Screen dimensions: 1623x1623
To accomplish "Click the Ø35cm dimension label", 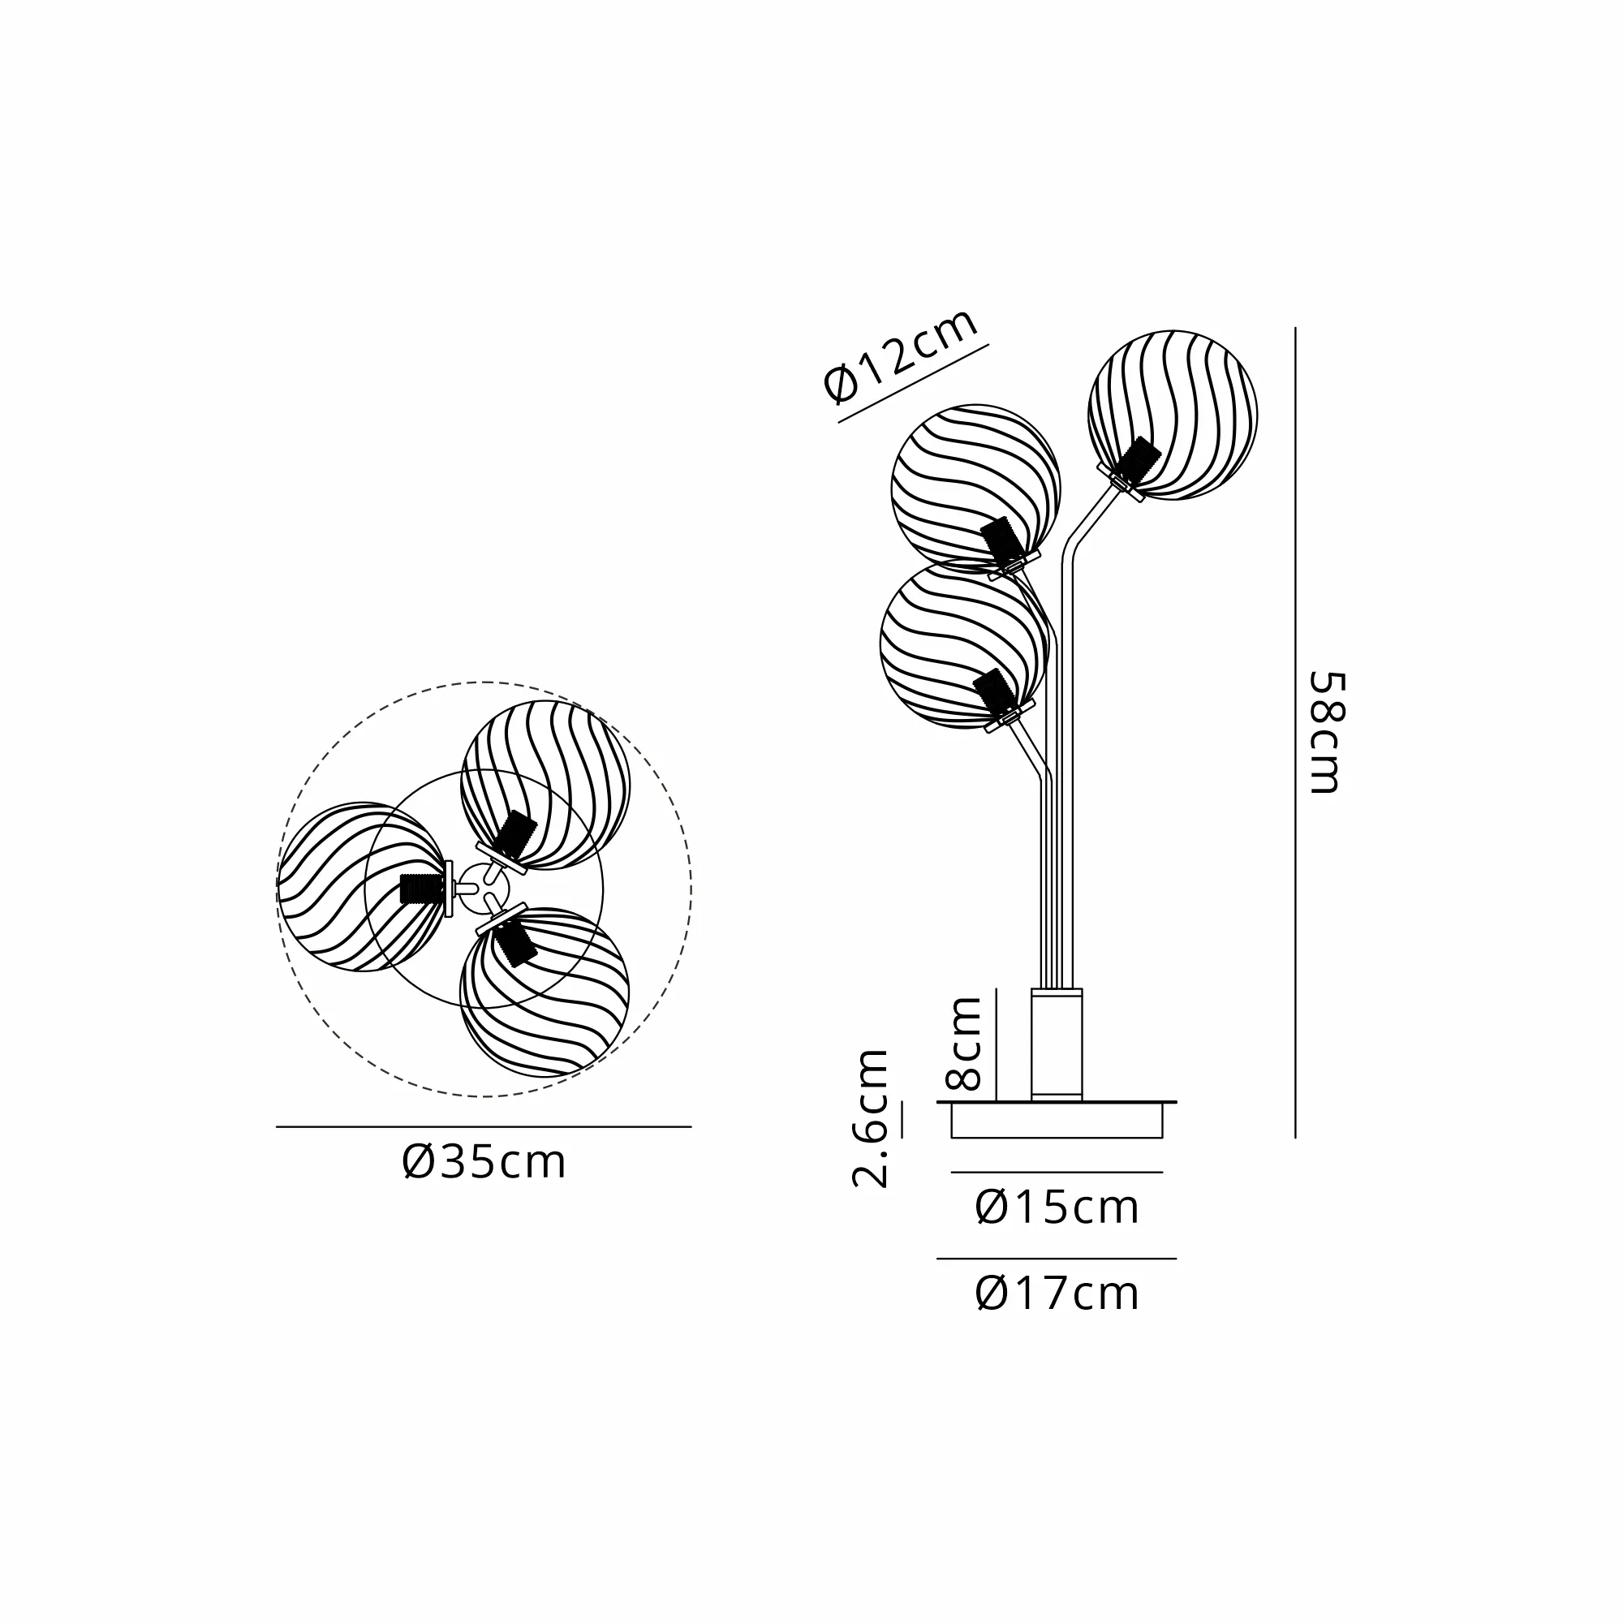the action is (x=484, y=1164).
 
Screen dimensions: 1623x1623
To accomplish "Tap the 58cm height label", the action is (x=1328, y=732).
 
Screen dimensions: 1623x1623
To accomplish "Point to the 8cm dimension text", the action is (x=962, y=1044).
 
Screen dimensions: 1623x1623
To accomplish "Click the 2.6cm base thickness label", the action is (x=870, y=1118).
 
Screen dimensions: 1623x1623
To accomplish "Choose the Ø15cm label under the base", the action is (x=1057, y=1208).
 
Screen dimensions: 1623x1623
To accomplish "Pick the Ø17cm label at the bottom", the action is (x=1057, y=1294).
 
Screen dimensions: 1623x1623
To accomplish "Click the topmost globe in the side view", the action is (x=1173, y=415).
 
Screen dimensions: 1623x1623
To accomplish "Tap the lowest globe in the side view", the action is (x=965, y=644).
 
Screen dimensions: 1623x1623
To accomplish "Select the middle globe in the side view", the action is (x=976, y=488).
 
